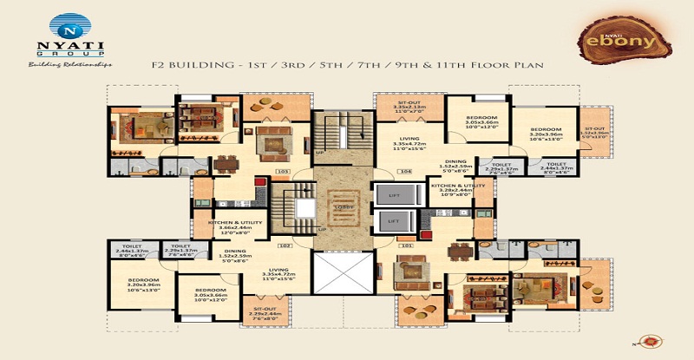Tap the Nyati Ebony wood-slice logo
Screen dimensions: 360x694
[629, 39]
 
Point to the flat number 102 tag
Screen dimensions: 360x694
[282, 245]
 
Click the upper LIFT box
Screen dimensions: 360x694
[393, 195]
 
